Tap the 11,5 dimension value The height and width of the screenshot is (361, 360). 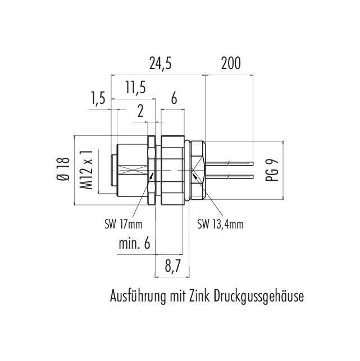135,88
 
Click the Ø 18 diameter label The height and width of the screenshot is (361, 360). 63,168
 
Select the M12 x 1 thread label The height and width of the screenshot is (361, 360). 86,168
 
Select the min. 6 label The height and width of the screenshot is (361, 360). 134,244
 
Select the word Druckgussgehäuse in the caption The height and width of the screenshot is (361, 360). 258,296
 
